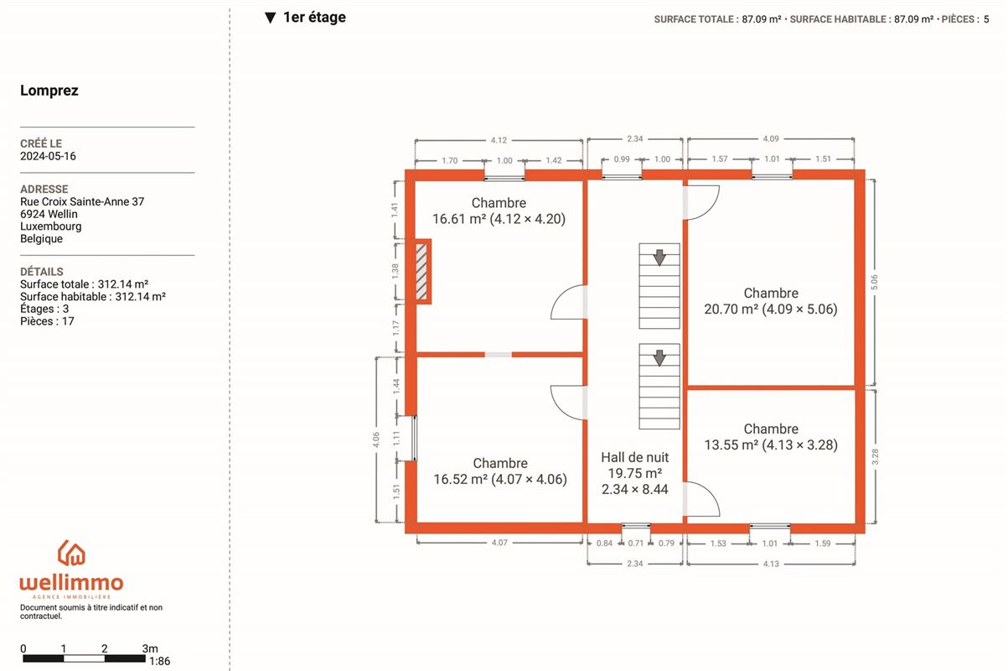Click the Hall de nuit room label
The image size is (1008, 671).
(634, 457)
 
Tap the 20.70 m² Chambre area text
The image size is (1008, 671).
(770, 309)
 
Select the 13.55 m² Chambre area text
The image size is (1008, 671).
(771, 445)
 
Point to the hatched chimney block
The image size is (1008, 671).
(421, 271)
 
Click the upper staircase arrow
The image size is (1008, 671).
(659, 257)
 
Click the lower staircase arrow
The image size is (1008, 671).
(659, 358)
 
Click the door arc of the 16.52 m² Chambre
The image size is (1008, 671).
(560, 410)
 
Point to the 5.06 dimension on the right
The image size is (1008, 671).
(874, 282)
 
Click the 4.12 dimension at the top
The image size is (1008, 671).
(499, 140)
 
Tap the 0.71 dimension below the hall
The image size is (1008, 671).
(635, 544)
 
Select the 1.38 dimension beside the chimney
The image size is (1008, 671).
(395, 271)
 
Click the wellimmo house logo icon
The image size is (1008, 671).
(71, 553)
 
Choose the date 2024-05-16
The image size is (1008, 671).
(48, 156)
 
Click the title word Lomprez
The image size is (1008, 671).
(49, 91)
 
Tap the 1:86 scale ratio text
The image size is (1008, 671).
(160, 661)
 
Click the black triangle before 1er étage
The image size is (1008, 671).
(270, 18)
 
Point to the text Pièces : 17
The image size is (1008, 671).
(47, 321)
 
